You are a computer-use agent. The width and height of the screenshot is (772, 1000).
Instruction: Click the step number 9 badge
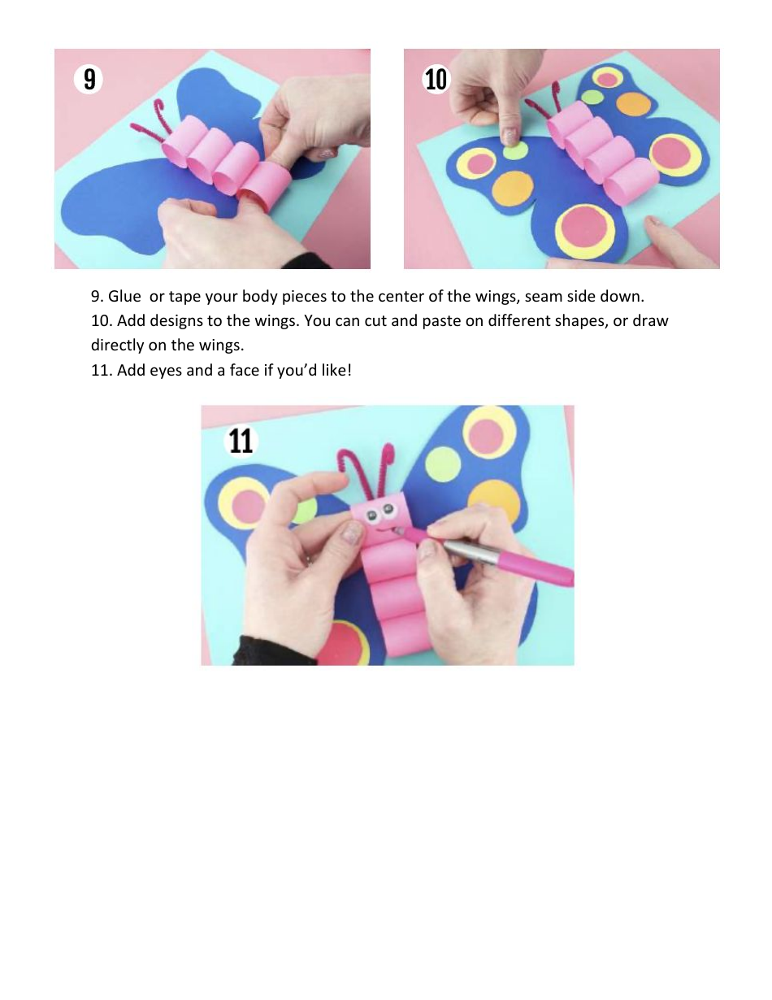pyautogui.click(x=89, y=79)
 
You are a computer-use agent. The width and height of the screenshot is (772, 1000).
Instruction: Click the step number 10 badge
pyautogui.click(x=436, y=79)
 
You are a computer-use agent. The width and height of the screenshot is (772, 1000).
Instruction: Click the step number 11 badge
pyautogui.click(x=241, y=441)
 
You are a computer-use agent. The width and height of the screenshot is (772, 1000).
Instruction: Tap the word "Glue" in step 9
pyautogui.click(x=124, y=297)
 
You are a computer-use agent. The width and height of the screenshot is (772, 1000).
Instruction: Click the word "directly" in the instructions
pyautogui.click(x=117, y=345)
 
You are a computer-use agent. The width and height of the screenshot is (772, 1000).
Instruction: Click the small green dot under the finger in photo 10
pyautogui.click(x=512, y=151)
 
